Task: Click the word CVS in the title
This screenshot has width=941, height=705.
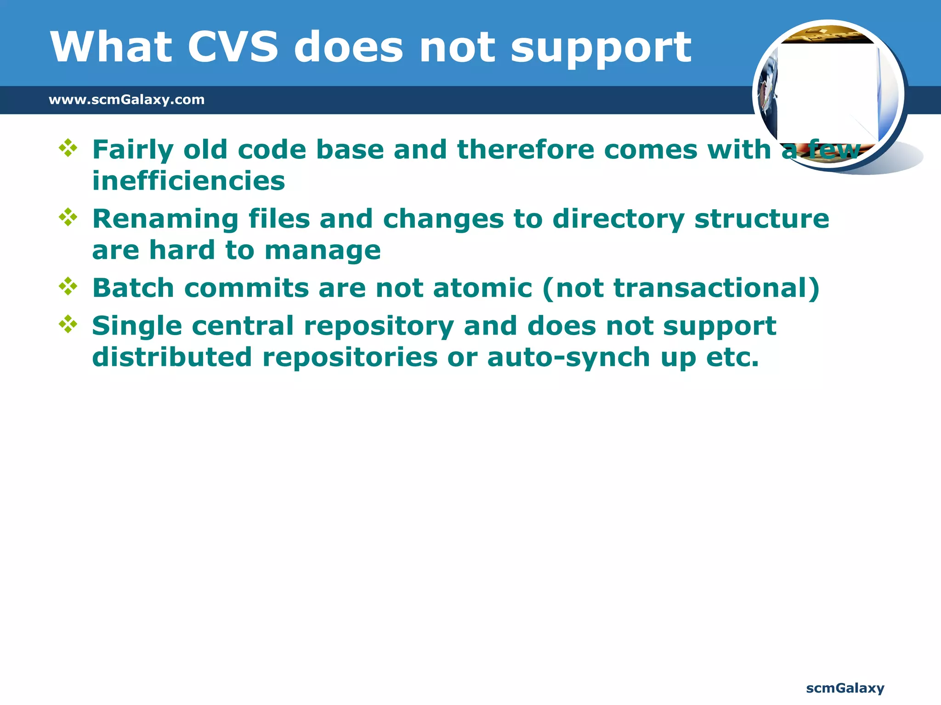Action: (x=233, y=47)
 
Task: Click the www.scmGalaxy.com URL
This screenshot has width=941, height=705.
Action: (x=126, y=100)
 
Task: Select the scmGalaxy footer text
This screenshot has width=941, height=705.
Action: (x=845, y=688)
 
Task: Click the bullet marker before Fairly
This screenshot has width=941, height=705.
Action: (x=68, y=148)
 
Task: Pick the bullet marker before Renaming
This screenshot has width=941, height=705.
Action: (x=68, y=217)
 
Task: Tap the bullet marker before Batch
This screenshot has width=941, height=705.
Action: (x=68, y=286)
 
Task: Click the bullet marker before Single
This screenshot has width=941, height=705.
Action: (x=68, y=324)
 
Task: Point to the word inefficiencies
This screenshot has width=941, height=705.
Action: (x=188, y=181)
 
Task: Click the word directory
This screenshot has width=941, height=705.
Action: (x=618, y=219)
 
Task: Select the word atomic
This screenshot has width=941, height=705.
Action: (x=482, y=288)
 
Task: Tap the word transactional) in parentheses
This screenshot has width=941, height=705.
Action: (x=716, y=288)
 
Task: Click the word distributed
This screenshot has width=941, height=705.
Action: (x=172, y=357)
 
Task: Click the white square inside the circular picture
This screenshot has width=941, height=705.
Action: (x=827, y=92)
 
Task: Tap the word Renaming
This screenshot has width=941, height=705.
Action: (x=165, y=219)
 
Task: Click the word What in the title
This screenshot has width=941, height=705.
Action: (x=111, y=47)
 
